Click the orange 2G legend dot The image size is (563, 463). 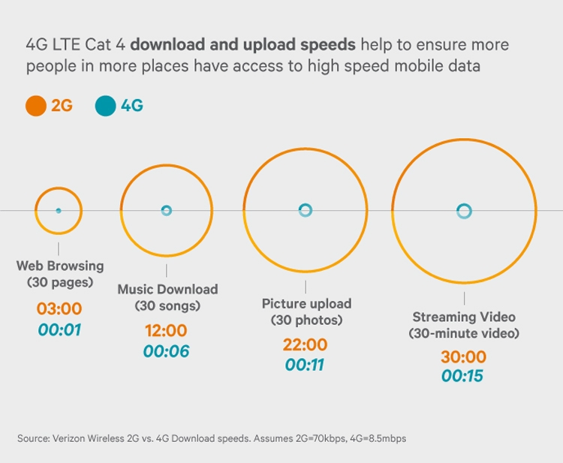coord(36,107)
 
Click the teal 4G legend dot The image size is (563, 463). coord(106,107)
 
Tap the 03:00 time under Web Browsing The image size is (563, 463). coord(59,308)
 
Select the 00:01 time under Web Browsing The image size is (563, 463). coord(59,329)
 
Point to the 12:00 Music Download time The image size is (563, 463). coord(166,331)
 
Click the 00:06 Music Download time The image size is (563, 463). coord(166,351)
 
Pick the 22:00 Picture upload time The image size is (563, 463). coord(305,345)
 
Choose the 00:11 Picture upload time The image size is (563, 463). coord(305,365)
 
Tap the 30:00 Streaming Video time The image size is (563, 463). coord(464,357)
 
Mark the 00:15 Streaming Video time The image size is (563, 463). coord(464,377)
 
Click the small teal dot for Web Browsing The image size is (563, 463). coord(59,211)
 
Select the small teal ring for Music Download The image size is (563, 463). coord(167,211)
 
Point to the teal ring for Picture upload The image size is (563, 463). coord(305,210)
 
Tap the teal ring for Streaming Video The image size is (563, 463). coord(464,211)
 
